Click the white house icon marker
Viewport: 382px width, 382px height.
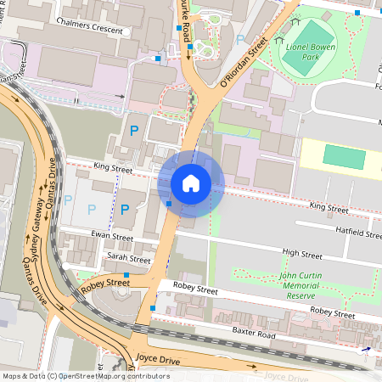coord(191,183)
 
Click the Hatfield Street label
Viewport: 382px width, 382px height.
coord(359,231)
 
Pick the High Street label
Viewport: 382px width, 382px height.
coord(302,253)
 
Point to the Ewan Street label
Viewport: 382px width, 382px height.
coord(113,237)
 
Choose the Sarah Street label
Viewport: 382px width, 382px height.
coord(128,257)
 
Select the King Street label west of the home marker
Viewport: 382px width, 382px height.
coord(113,170)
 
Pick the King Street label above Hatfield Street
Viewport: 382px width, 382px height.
coord(329,207)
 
